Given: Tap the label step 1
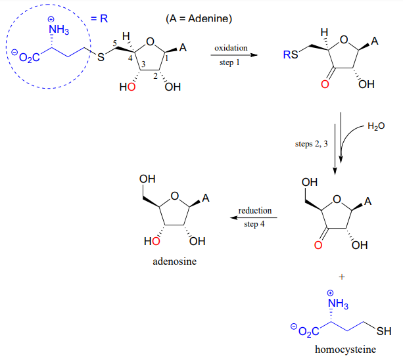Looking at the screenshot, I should (x=230, y=64).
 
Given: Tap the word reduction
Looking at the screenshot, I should (x=255, y=211).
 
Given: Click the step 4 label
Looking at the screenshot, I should (x=255, y=224).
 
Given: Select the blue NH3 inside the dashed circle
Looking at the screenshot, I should (x=59, y=30).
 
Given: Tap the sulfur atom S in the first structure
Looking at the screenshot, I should (x=101, y=58).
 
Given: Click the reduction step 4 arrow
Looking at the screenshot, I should (x=256, y=218).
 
